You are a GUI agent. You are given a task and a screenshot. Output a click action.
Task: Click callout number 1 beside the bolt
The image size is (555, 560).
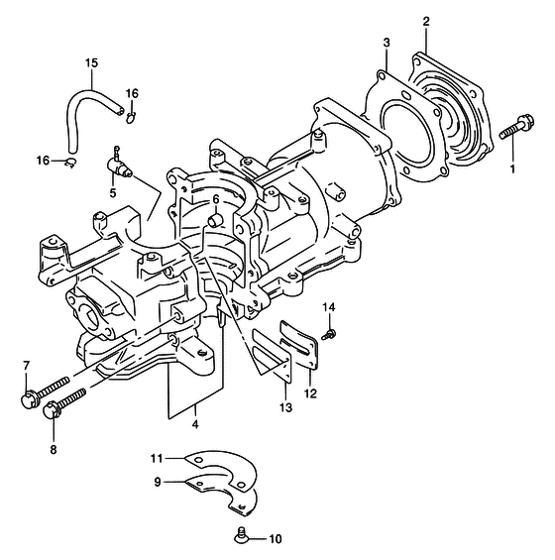point(512,168)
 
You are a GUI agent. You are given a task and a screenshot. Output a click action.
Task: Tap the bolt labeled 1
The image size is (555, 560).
point(516,127)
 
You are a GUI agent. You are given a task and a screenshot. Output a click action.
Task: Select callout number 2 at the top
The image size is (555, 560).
point(426,22)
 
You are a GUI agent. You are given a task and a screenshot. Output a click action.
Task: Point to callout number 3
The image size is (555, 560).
point(387,43)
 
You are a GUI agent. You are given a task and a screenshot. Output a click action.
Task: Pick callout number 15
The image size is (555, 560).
point(91,62)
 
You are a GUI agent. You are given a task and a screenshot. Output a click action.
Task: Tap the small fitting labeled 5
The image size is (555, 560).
point(120,164)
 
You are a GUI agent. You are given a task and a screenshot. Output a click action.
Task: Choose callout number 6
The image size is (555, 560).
point(216,199)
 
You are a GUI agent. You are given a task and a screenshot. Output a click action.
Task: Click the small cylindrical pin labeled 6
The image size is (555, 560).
point(215,220)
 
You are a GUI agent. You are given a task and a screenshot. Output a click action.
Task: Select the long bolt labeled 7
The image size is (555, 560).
point(46,392)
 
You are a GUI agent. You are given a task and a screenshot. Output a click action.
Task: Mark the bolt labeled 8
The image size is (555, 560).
point(64,403)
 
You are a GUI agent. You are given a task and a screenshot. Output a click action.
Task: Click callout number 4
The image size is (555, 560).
point(195,424)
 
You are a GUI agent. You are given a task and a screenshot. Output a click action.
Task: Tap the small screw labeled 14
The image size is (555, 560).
point(329,335)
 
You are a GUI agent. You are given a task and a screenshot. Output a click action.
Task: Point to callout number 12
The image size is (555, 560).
point(310,393)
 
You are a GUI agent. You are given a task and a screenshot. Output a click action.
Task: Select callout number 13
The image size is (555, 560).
point(286,407)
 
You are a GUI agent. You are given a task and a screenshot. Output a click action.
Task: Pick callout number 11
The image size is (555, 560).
point(157,458)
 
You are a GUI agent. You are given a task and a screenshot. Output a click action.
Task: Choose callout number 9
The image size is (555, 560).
point(158,482)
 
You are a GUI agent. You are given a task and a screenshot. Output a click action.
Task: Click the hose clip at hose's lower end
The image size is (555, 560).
point(70,163)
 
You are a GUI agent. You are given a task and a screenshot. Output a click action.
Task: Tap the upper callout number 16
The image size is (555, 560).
point(132,93)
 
